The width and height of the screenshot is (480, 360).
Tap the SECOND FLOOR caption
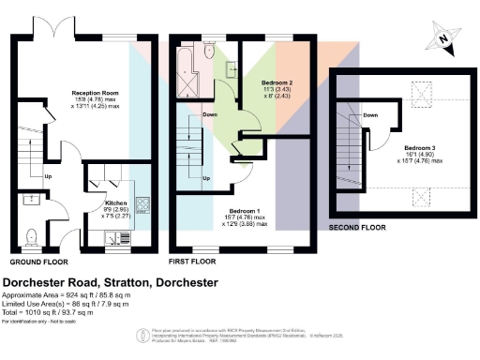(356, 227)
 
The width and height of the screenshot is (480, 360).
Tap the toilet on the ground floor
(31, 235)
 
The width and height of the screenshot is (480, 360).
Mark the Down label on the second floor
(370, 115)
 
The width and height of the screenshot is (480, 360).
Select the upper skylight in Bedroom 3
(420, 92)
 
